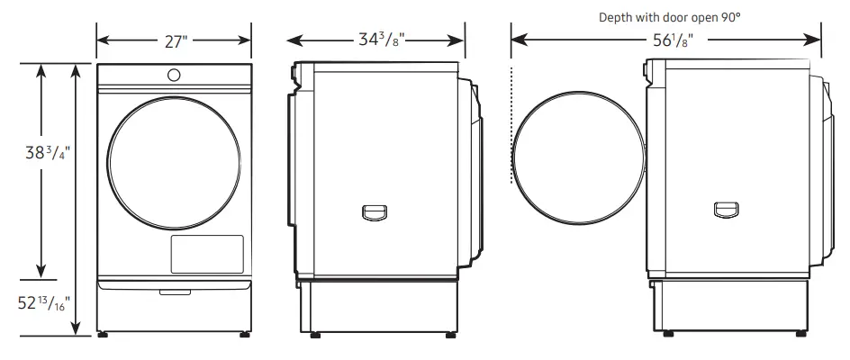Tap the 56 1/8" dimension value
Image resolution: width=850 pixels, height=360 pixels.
click(666, 40)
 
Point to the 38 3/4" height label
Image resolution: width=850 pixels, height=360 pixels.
click(47, 153)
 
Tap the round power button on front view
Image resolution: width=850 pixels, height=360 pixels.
click(173, 74)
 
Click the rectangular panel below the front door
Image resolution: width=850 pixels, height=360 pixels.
click(207, 254)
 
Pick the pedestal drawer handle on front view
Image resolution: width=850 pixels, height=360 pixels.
click(173, 291)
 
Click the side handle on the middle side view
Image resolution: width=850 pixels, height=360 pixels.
click(373, 211)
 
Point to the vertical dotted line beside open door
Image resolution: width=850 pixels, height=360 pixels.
click(511, 126)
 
